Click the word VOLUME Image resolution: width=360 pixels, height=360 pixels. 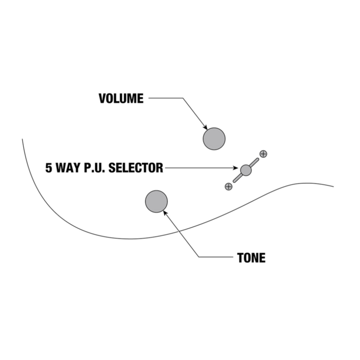121,99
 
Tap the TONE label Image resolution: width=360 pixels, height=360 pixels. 251,258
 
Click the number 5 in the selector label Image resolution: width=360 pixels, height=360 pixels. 49,168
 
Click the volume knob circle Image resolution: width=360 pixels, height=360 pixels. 214,139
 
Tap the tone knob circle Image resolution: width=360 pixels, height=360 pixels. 156,202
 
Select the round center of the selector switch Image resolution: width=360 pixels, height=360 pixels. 246,170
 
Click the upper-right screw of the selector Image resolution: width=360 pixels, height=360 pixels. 263,153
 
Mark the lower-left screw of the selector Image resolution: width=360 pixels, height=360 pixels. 228,187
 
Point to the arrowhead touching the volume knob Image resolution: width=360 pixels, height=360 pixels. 205,127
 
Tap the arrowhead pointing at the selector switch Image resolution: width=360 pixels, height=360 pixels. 236,168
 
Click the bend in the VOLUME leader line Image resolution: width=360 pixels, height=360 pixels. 182,99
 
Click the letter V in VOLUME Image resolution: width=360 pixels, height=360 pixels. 102,99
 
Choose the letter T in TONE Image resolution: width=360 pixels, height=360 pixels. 240,258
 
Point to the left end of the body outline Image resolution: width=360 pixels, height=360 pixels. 22,139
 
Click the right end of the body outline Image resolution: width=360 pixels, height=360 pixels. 333,187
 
